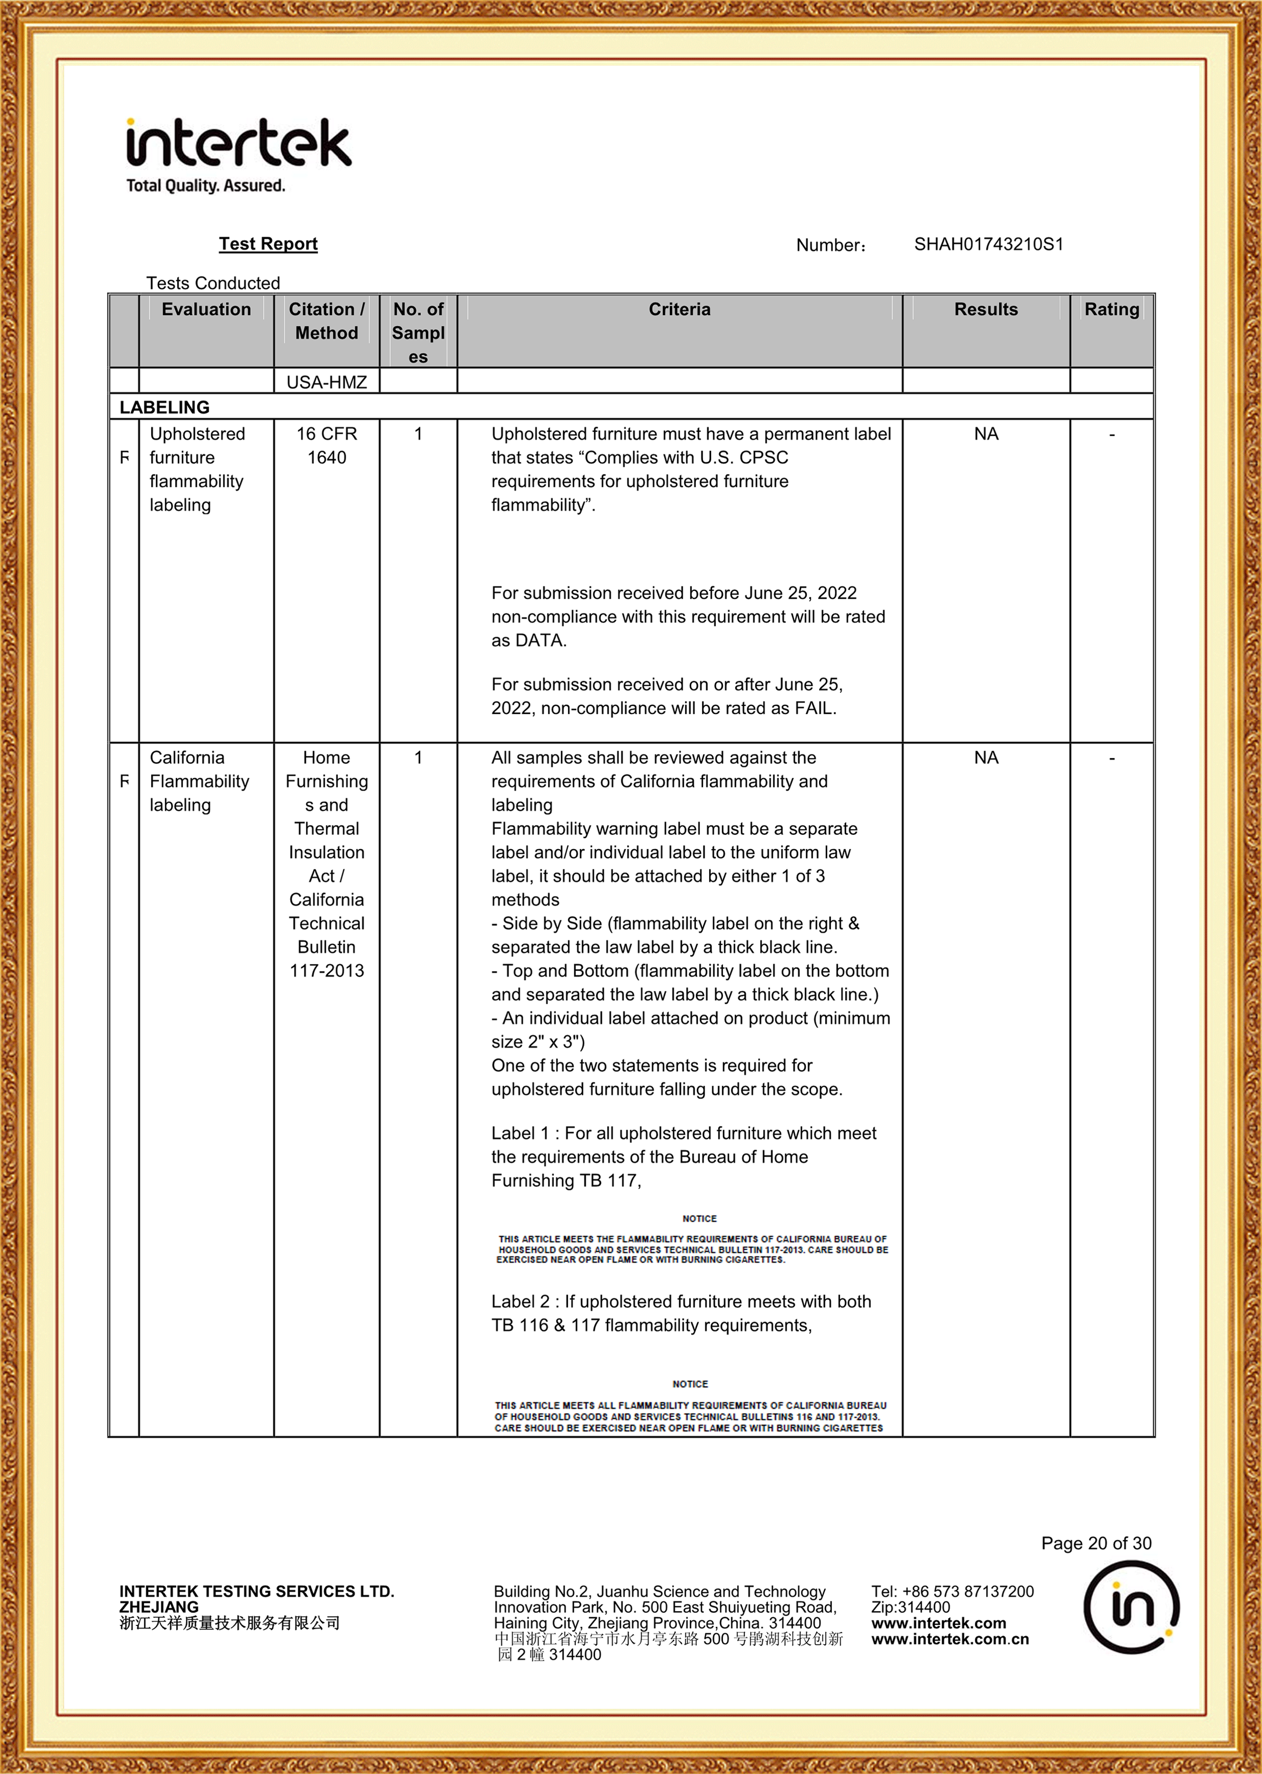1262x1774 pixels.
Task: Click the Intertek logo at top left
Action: [239, 154]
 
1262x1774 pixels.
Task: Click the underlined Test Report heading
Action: [268, 244]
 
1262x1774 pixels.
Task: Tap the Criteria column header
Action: [679, 309]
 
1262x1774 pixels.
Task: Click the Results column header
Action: [986, 309]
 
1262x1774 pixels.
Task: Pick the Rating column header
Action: [1111, 309]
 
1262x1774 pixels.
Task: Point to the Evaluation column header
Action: [206, 309]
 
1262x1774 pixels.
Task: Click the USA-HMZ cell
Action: [326, 382]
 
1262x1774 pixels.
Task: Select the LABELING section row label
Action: [165, 407]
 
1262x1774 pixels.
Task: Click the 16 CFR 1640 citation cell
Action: [326, 446]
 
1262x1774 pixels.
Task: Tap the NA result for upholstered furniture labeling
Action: [986, 434]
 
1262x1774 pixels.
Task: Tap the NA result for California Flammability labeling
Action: [986, 757]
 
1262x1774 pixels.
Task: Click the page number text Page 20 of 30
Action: [1096, 1543]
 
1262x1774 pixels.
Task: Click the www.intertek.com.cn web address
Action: [949, 1639]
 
